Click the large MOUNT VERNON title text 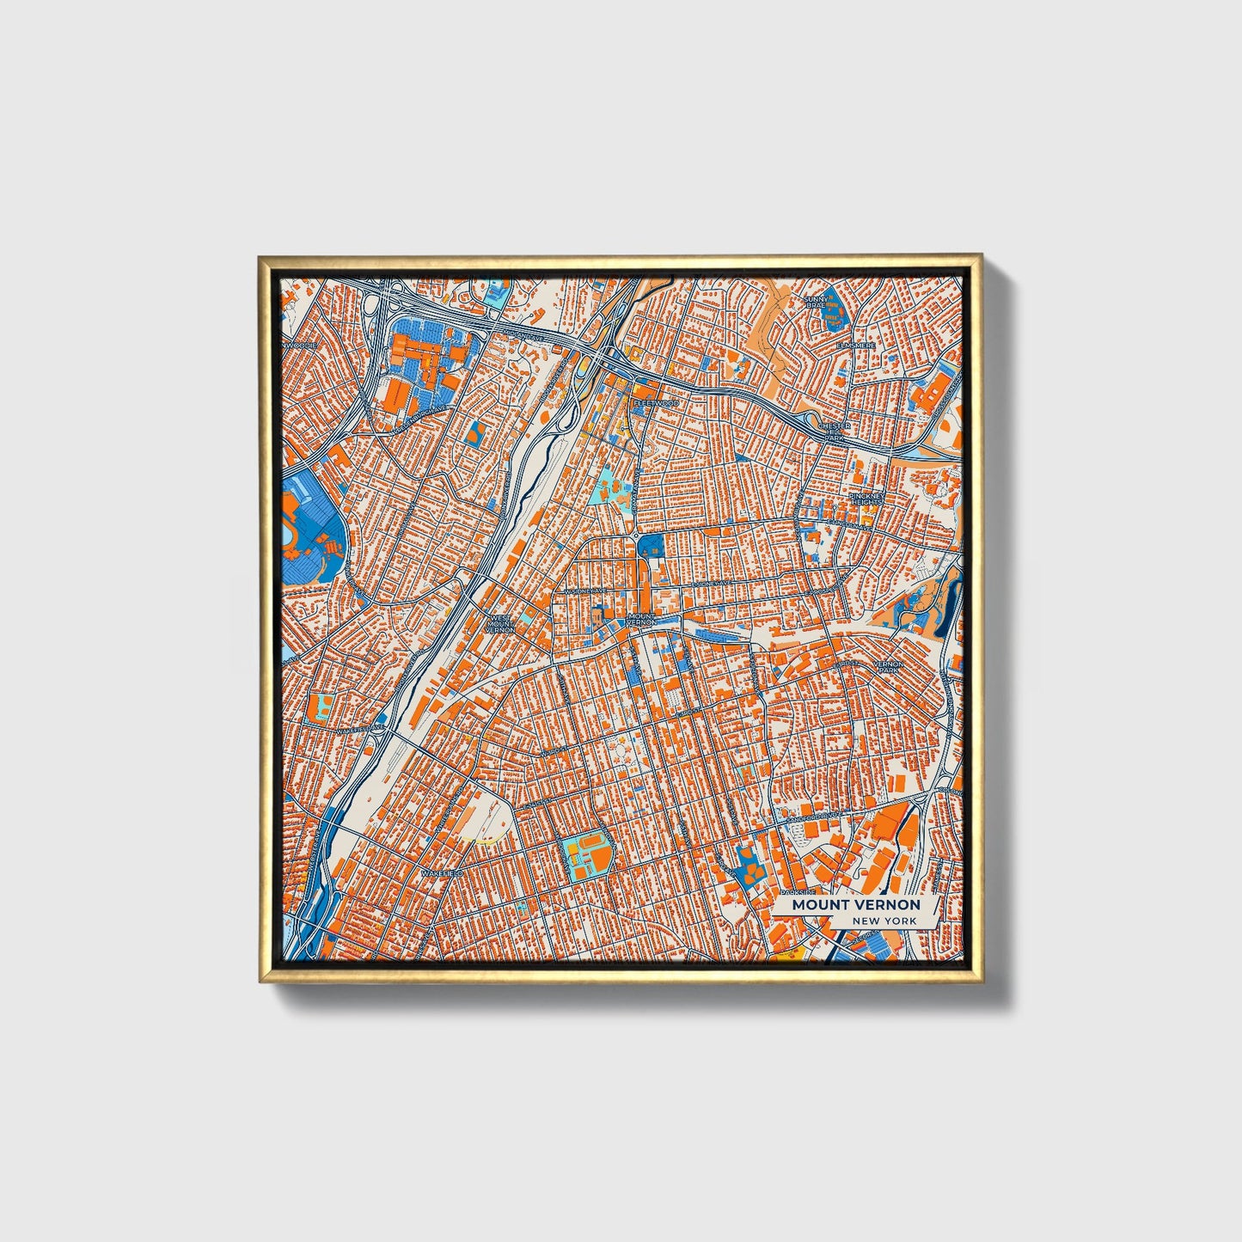tap(855, 904)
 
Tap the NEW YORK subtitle tap(884, 921)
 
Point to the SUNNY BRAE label tap(814, 301)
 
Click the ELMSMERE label tap(856, 345)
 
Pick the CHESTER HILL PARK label tap(834, 431)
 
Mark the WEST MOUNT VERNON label tap(500, 623)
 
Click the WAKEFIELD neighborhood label tap(442, 873)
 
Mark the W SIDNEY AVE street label tap(585, 591)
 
